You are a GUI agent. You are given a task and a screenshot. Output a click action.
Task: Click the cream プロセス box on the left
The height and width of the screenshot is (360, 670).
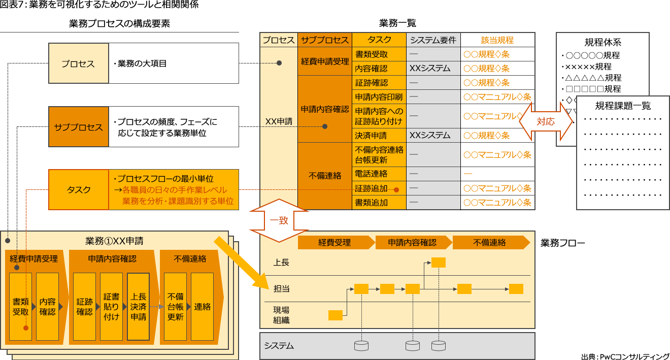point(78,63)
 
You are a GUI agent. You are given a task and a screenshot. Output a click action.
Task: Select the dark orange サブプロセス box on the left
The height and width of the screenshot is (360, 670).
point(78,127)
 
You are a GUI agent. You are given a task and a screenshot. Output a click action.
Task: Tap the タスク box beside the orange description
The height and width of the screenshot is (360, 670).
point(78,189)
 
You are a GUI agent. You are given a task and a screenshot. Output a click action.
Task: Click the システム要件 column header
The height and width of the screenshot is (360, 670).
point(433,40)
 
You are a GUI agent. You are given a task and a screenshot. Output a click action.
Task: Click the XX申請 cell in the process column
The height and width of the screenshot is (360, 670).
point(279,121)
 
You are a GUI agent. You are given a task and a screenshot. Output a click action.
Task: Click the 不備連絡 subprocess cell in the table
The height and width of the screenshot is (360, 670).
point(325,176)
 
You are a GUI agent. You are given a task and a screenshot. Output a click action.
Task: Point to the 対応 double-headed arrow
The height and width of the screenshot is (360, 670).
point(545,122)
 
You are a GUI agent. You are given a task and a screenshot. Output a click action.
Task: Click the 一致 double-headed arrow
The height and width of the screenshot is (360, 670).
point(279,221)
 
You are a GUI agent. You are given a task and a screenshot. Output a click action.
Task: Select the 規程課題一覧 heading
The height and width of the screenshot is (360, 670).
point(623,106)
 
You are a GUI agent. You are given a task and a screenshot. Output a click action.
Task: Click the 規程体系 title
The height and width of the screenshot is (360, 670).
point(602,43)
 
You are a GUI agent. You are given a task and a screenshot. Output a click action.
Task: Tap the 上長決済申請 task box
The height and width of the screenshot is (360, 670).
point(138,307)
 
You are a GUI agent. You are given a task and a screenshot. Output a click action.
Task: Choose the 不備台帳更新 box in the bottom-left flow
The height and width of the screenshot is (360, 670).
point(175,307)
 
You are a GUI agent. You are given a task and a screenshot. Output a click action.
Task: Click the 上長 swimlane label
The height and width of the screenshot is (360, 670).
point(281,263)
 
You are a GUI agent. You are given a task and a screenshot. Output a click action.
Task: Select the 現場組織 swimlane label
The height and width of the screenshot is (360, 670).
point(281,315)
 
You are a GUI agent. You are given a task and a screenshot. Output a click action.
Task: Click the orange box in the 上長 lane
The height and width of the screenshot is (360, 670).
point(439,263)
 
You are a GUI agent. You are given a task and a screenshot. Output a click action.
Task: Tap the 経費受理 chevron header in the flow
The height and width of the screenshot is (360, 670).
point(334,243)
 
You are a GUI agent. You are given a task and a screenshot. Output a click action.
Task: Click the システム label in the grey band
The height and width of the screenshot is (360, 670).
point(279,346)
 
